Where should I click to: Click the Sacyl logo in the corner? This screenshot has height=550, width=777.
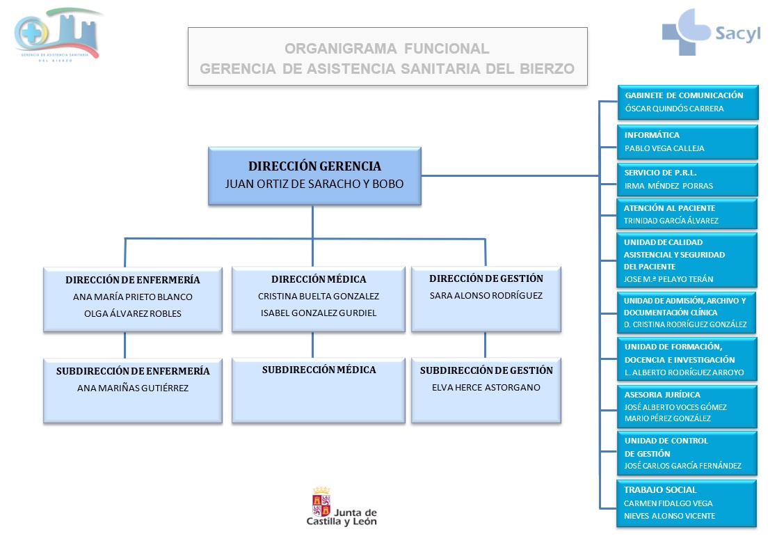point(710,32)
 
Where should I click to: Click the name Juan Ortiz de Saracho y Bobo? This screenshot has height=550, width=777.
point(314,184)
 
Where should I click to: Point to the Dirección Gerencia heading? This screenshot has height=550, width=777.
point(314,166)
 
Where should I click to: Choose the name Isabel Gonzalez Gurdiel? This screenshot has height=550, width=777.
point(318,313)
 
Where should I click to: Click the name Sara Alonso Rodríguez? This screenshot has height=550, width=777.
point(486,295)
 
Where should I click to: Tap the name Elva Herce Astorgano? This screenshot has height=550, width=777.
point(486,387)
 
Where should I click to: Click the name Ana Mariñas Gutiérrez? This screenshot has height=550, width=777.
point(132,388)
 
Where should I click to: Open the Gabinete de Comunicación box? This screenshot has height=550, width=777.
point(687,102)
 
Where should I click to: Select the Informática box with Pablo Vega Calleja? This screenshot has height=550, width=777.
point(687,141)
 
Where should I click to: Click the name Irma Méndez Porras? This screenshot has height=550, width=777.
point(668,186)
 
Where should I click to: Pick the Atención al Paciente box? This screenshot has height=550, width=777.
point(687,214)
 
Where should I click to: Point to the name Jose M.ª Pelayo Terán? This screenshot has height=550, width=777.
point(668,279)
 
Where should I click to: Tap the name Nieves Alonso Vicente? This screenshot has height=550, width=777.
point(669,516)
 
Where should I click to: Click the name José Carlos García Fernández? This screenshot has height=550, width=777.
point(682,466)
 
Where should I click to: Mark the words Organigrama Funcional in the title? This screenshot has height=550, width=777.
point(387,49)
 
